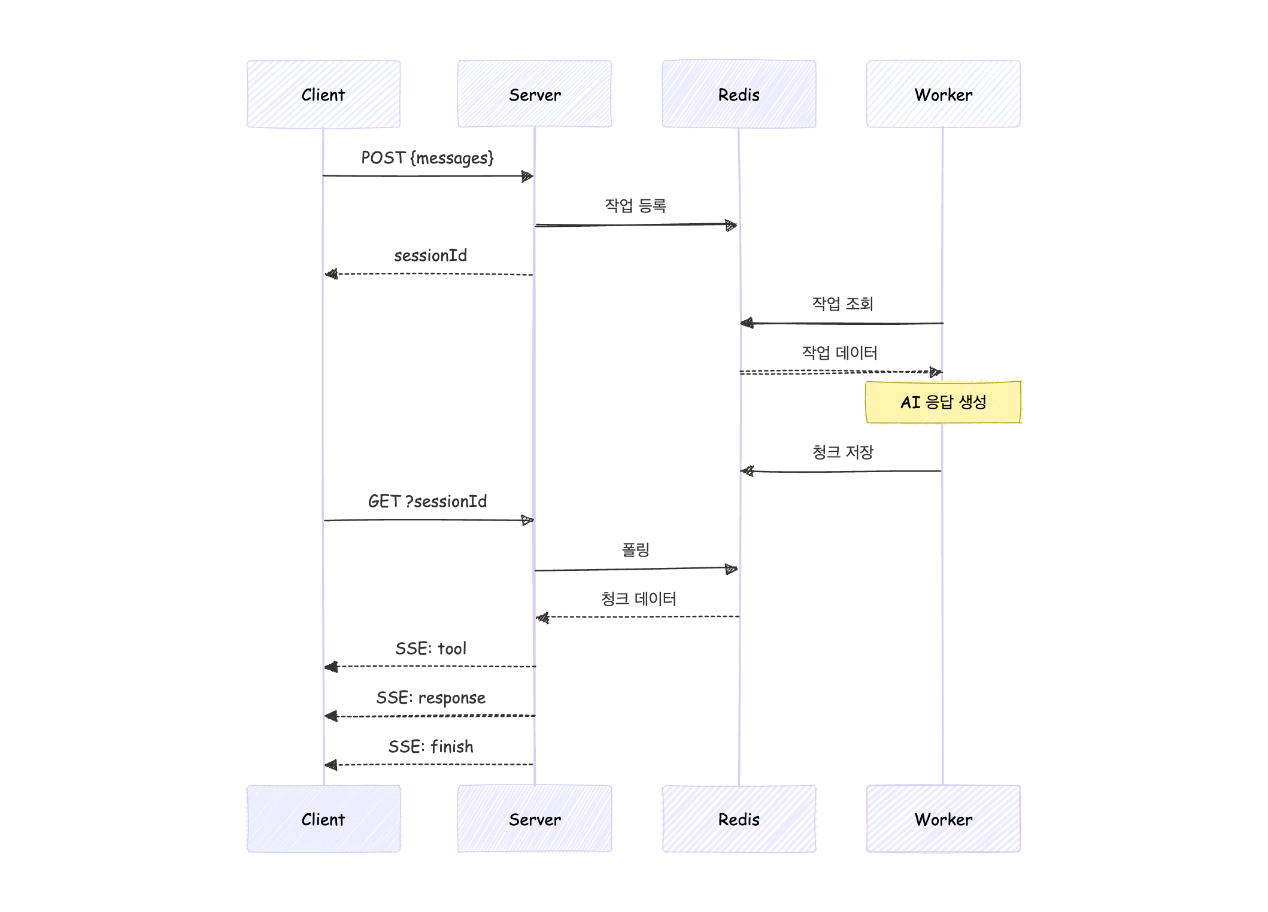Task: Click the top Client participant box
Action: pyautogui.click(x=323, y=94)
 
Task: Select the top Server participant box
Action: pyautogui.click(x=535, y=94)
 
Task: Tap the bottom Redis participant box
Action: pyautogui.click(x=739, y=819)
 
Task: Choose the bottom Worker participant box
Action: pyautogui.click(x=943, y=819)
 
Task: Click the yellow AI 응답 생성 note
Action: pyautogui.click(x=943, y=402)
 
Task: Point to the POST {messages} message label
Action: pyautogui.click(x=427, y=158)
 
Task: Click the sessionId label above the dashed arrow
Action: pyautogui.click(x=430, y=256)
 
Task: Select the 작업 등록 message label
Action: pyautogui.click(x=635, y=206)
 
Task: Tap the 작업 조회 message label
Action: pyautogui.click(x=842, y=304)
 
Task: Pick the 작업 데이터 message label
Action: pyautogui.click(x=839, y=353)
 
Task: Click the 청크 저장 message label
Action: pyautogui.click(x=842, y=452)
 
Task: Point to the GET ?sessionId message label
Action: pyautogui.click(x=427, y=501)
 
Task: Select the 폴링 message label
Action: pyautogui.click(x=635, y=549)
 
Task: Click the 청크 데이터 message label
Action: pyautogui.click(x=638, y=599)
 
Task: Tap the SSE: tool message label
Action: pyautogui.click(x=430, y=649)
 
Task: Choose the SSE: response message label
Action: pyautogui.click(x=430, y=698)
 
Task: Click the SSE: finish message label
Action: pyautogui.click(x=430, y=747)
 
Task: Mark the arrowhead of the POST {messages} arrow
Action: pyautogui.click(x=527, y=176)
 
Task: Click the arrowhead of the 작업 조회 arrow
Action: pyautogui.click(x=747, y=323)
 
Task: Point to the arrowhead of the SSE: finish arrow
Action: pyautogui.click(x=330, y=765)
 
